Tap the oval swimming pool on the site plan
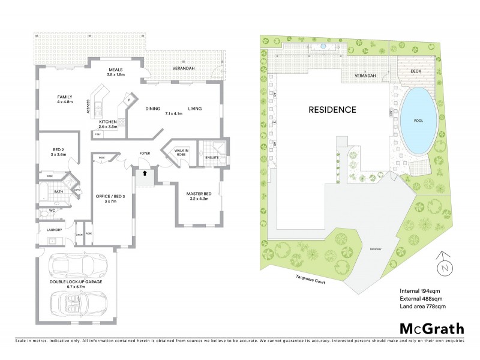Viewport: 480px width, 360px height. click(x=418, y=120)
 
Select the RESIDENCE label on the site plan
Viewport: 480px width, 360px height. click(x=332, y=110)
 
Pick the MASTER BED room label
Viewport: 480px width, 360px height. click(x=197, y=193)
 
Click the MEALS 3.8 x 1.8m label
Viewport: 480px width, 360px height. click(x=116, y=72)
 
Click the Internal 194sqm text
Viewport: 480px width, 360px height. click(x=419, y=291)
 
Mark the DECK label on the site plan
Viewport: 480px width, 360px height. click(x=416, y=70)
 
